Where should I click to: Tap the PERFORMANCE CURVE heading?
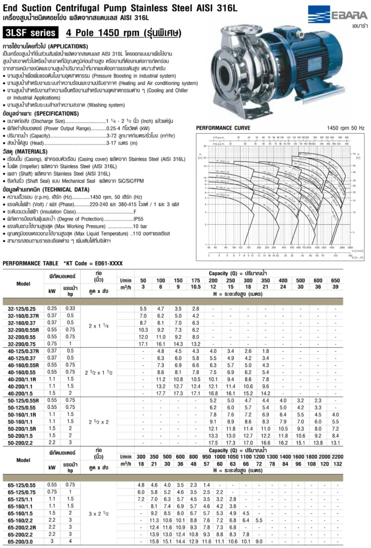click(x=223, y=128)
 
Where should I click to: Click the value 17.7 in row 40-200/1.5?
click(x=161, y=393)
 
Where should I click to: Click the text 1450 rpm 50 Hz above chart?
click(x=346, y=128)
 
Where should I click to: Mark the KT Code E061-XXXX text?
click(x=93, y=263)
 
